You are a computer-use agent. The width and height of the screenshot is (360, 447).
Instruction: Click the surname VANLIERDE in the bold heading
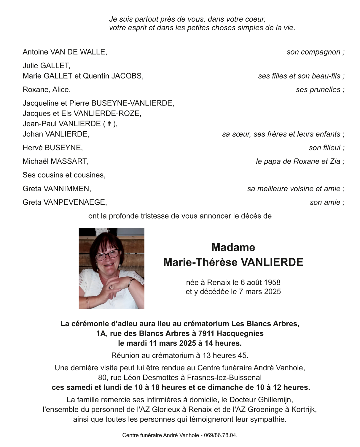[x=272, y=262]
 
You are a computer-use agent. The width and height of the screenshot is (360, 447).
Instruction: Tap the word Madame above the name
[x=233, y=247]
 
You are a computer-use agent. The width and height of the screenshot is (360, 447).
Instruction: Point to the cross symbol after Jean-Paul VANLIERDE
[x=109, y=124]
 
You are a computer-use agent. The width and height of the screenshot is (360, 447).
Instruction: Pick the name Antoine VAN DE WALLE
[x=64, y=52]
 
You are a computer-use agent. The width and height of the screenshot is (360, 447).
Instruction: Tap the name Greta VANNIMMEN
[x=56, y=189]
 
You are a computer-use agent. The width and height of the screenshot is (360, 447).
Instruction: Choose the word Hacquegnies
[x=240, y=334]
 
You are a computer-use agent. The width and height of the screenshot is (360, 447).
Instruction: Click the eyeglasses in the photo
[x=107, y=254]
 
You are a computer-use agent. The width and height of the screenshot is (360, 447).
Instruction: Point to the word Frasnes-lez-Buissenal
[x=224, y=378]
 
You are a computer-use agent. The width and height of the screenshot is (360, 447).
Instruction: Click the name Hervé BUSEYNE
[x=52, y=148]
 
